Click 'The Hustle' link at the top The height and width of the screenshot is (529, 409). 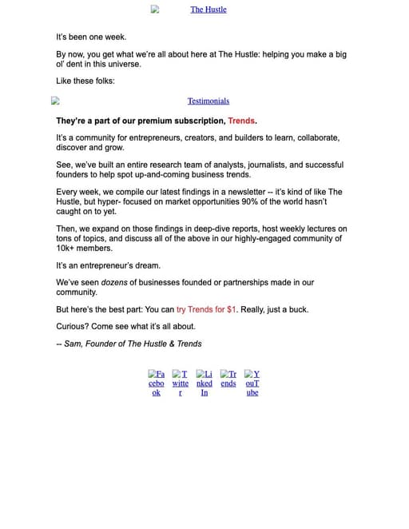click(x=208, y=10)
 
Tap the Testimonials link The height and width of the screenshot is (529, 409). click(x=208, y=101)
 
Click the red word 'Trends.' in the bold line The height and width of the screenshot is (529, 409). click(x=242, y=121)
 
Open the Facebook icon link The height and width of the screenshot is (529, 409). click(x=157, y=383)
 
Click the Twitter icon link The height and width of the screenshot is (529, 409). click(x=181, y=383)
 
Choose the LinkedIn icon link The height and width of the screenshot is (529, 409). click(x=204, y=383)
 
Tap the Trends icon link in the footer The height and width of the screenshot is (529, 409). click(x=228, y=378)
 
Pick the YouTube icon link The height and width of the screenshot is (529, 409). click(x=252, y=383)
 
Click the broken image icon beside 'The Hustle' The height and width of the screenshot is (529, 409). click(x=155, y=10)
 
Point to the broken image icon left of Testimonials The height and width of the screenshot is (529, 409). click(x=55, y=101)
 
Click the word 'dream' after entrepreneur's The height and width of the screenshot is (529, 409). click(x=146, y=265)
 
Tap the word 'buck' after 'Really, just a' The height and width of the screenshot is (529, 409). click(x=296, y=309)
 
